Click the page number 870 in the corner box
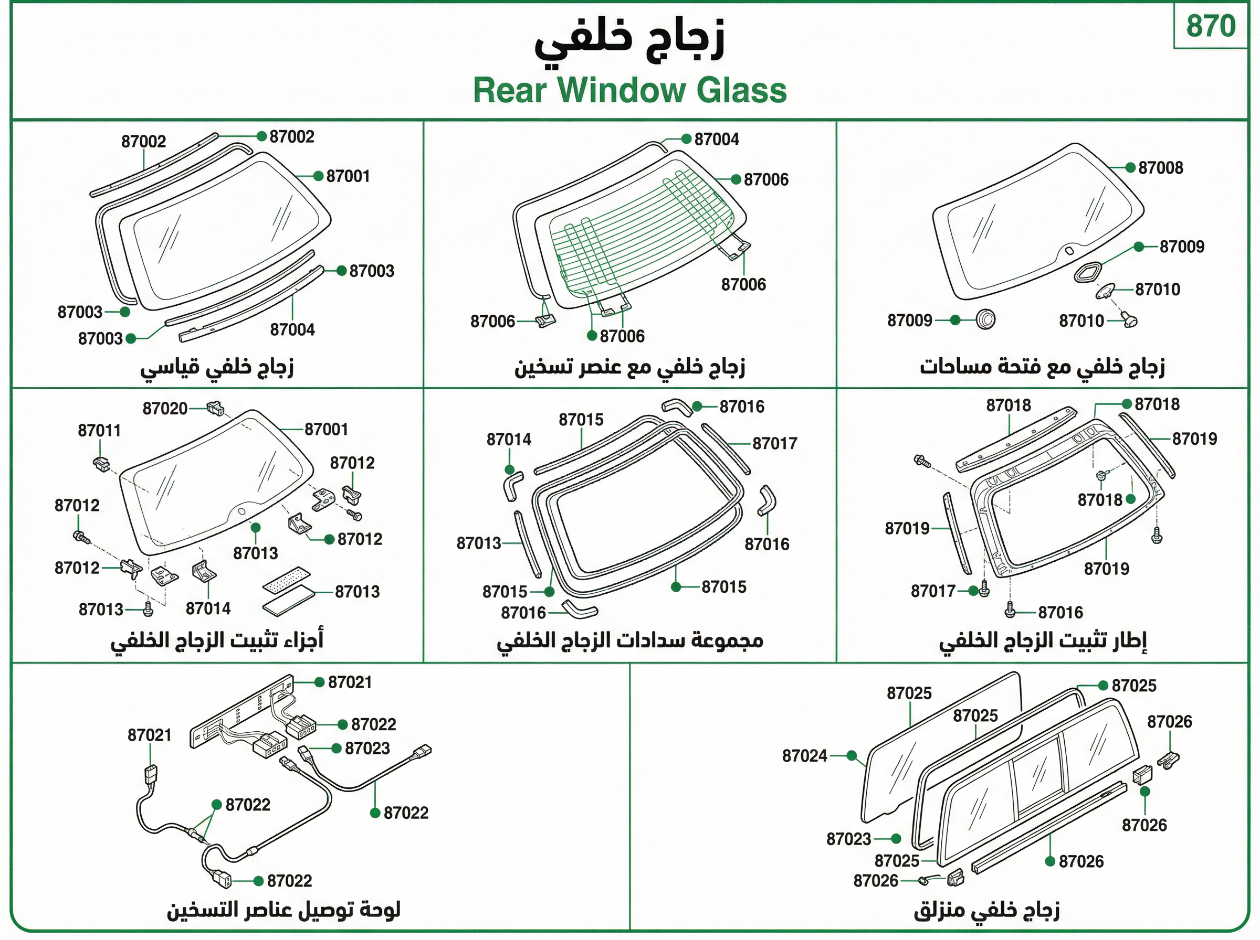1211,26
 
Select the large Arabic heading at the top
629,39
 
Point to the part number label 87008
1160,168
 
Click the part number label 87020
165,409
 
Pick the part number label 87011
100,431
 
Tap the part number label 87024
804,756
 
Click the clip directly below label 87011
102,463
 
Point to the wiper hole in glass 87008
1069,251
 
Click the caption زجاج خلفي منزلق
986,911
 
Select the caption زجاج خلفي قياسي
217,368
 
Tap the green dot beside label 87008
1131,168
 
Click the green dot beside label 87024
852,756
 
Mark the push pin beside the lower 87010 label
1130,319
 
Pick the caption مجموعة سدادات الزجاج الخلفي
629,640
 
